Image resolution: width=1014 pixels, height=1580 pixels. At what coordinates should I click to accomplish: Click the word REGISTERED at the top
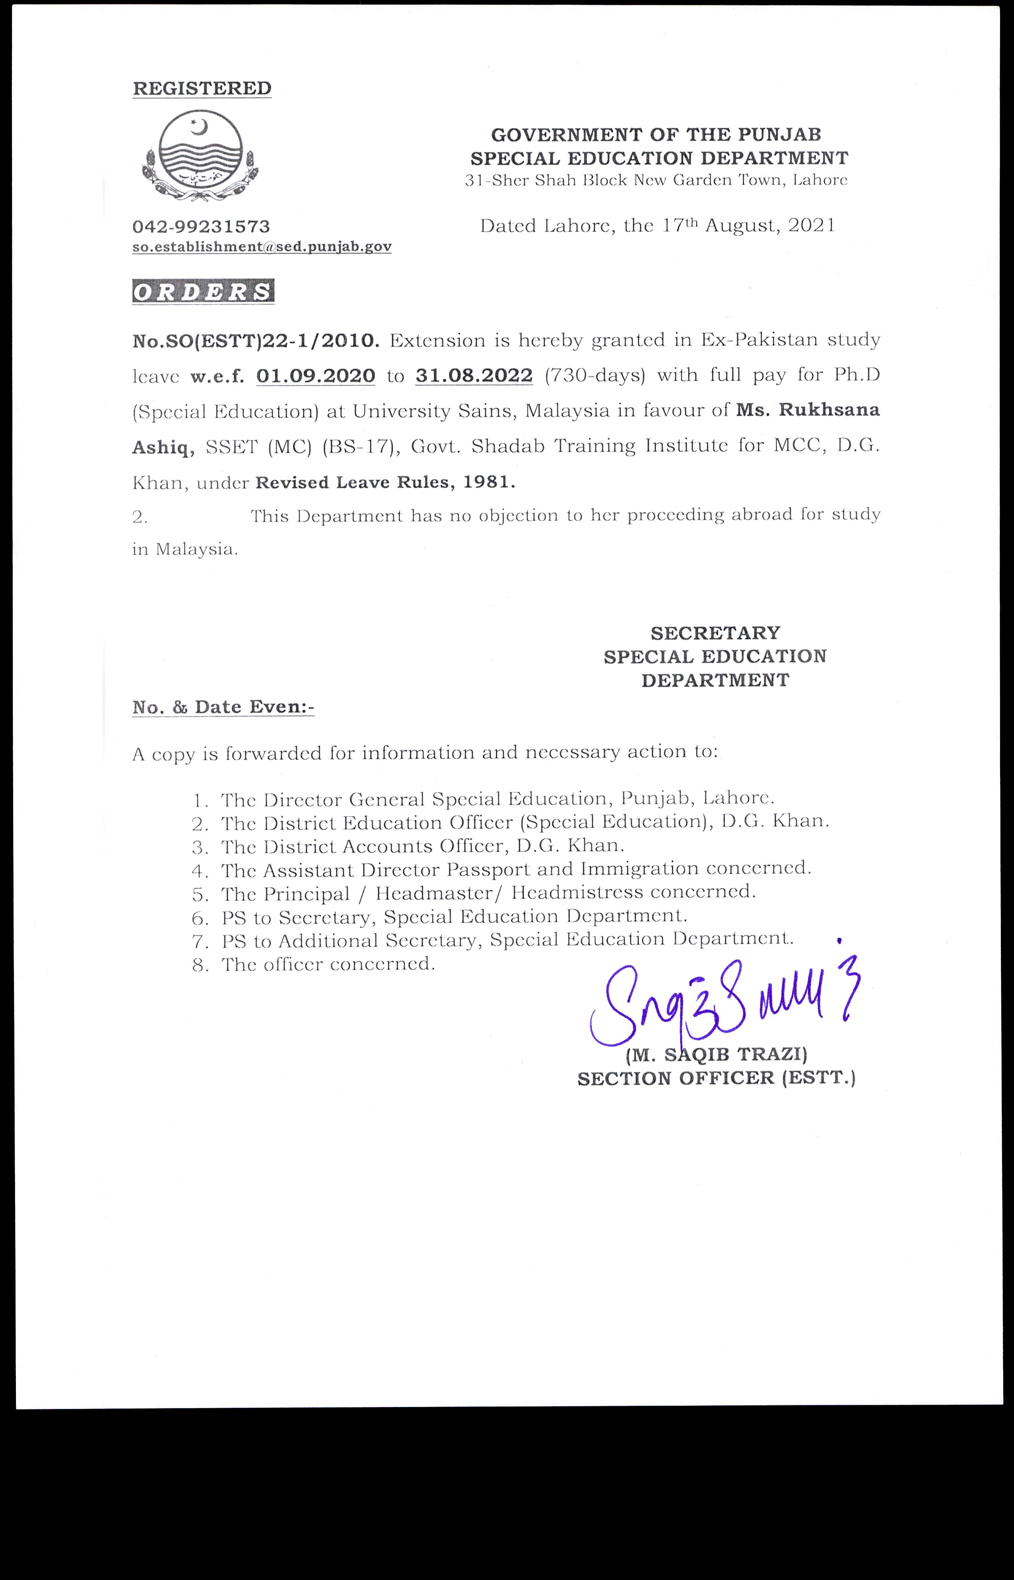[202, 88]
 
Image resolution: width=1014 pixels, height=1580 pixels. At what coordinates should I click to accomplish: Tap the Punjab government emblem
[200, 155]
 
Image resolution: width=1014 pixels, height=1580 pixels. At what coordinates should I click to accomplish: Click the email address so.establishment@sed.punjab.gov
[262, 247]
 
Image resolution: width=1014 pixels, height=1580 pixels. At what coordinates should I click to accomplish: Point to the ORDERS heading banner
[204, 292]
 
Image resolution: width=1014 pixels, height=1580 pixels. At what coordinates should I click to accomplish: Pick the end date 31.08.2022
[474, 376]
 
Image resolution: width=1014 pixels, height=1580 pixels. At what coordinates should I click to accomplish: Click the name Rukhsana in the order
[829, 410]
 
